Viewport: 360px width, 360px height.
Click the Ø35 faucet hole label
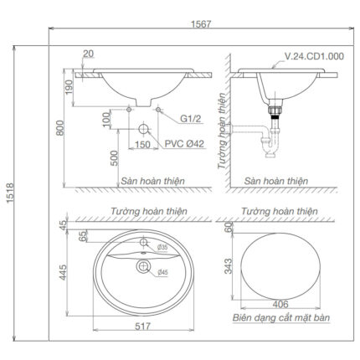(x=163, y=249)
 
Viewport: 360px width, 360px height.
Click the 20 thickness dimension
(x=88, y=55)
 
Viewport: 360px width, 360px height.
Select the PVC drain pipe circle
(x=143, y=131)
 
